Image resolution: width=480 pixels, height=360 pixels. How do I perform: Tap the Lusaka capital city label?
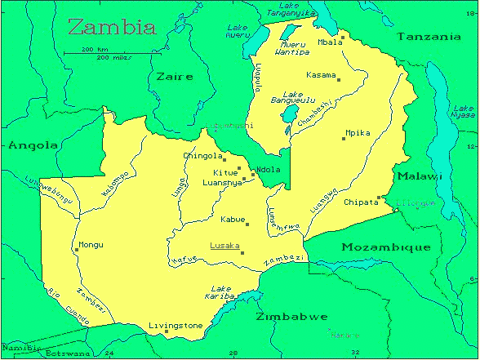point(224,245)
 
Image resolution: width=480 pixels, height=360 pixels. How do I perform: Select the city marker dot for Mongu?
point(76,250)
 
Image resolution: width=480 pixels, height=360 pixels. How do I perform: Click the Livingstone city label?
point(176,326)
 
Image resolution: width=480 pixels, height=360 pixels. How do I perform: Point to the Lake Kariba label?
point(223,293)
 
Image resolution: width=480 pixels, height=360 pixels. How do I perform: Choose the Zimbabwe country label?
point(291,316)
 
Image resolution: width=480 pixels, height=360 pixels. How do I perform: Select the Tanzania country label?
point(429,37)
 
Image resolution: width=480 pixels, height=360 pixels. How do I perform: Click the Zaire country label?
point(173,77)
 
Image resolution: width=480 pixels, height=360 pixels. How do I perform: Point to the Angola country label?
point(33,145)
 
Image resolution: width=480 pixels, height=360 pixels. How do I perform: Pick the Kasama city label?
point(321,75)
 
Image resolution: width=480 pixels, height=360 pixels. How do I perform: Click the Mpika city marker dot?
point(344,139)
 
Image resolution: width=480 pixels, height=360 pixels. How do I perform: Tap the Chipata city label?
point(361,202)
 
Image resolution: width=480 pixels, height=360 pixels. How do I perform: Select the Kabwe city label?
point(234,219)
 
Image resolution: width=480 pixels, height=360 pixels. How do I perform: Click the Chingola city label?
point(202,156)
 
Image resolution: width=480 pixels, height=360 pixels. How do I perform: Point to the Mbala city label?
point(331,41)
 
